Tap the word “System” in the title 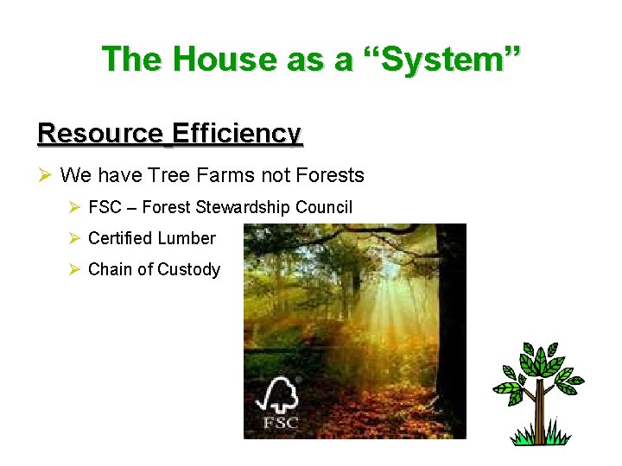coord(447,59)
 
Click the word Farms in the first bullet coord(220,176)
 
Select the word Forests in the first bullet coord(330,176)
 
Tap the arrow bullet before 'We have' coord(46,176)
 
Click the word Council coord(324,207)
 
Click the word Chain coord(111,269)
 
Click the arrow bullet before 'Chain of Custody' coord(75,269)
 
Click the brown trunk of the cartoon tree coord(538,415)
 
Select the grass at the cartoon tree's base coord(539,438)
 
